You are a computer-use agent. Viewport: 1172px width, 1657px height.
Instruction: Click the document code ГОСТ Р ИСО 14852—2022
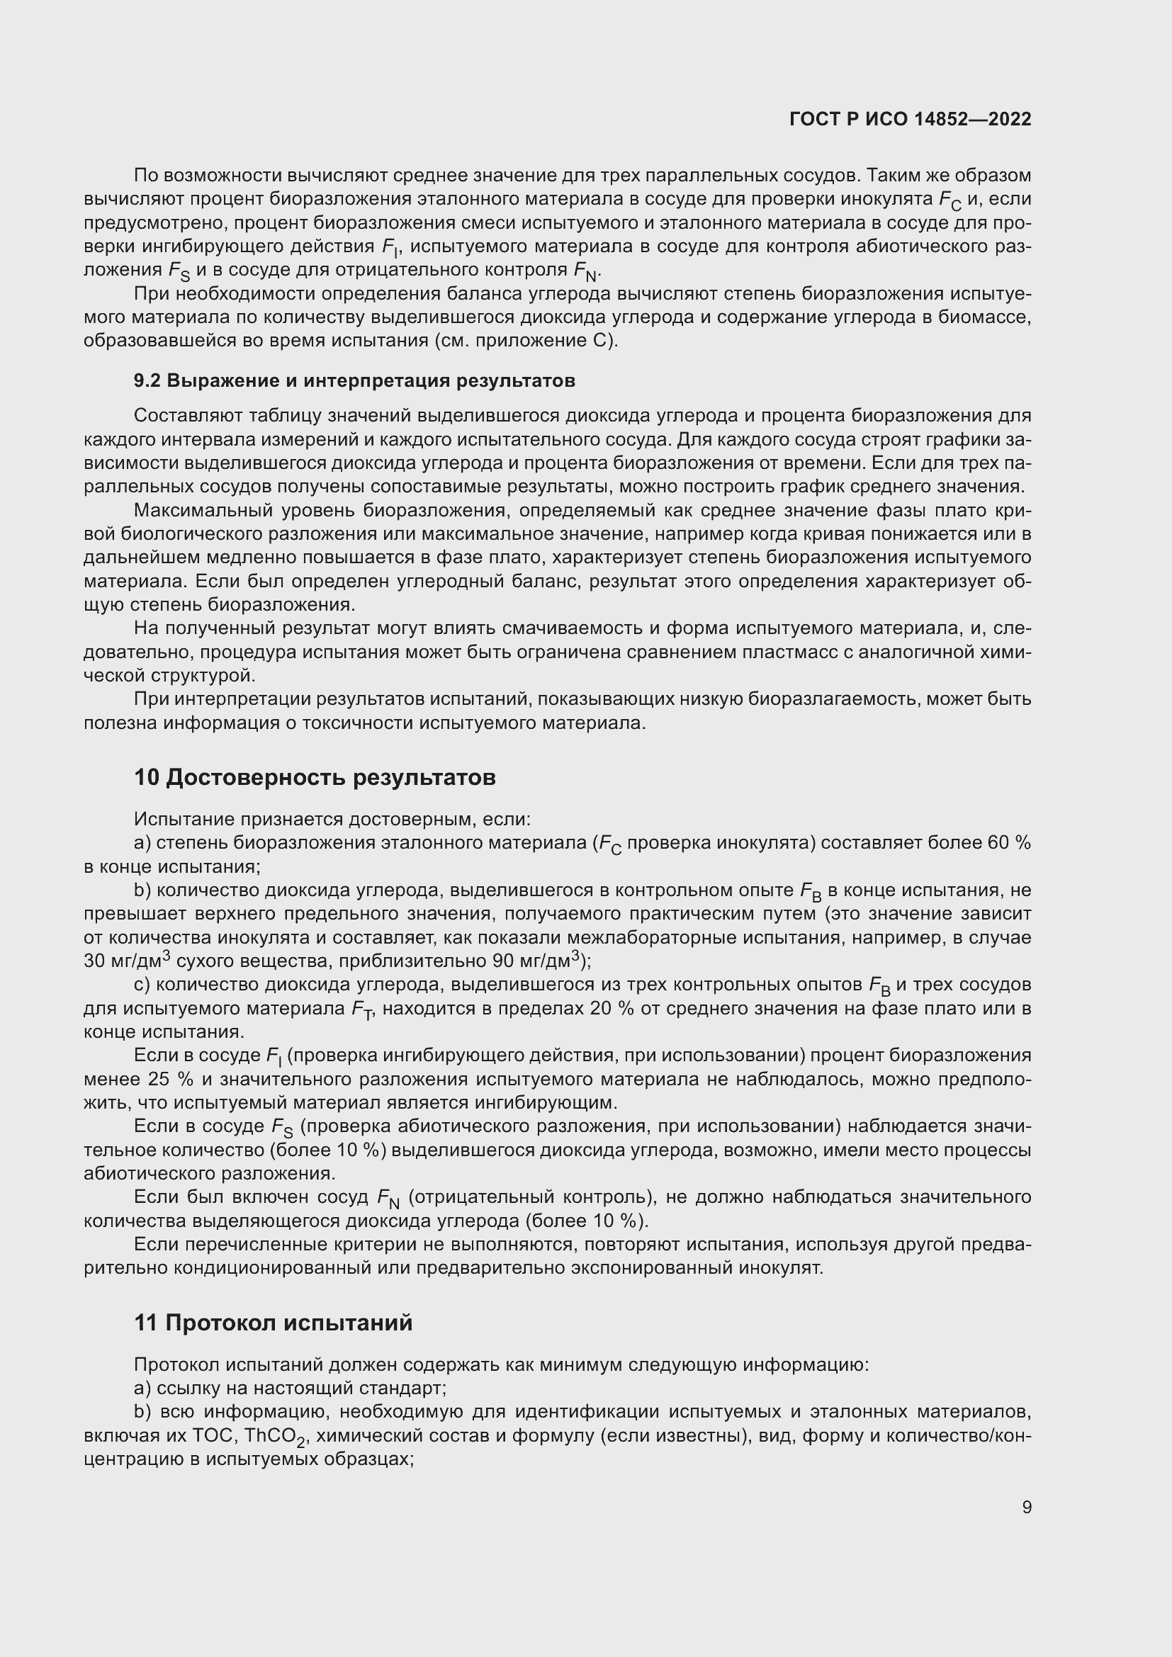coord(910,119)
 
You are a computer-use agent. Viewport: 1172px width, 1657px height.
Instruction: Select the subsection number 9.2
coord(147,380)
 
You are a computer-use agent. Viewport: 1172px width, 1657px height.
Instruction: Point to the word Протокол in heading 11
coord(220,1323)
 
